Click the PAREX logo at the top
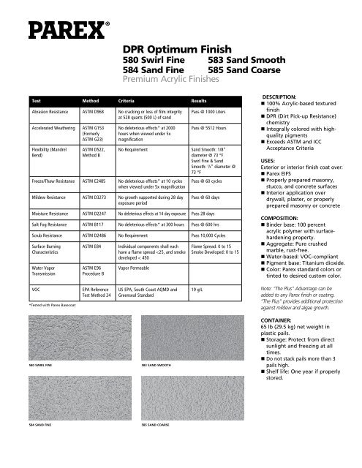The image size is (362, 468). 61,29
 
